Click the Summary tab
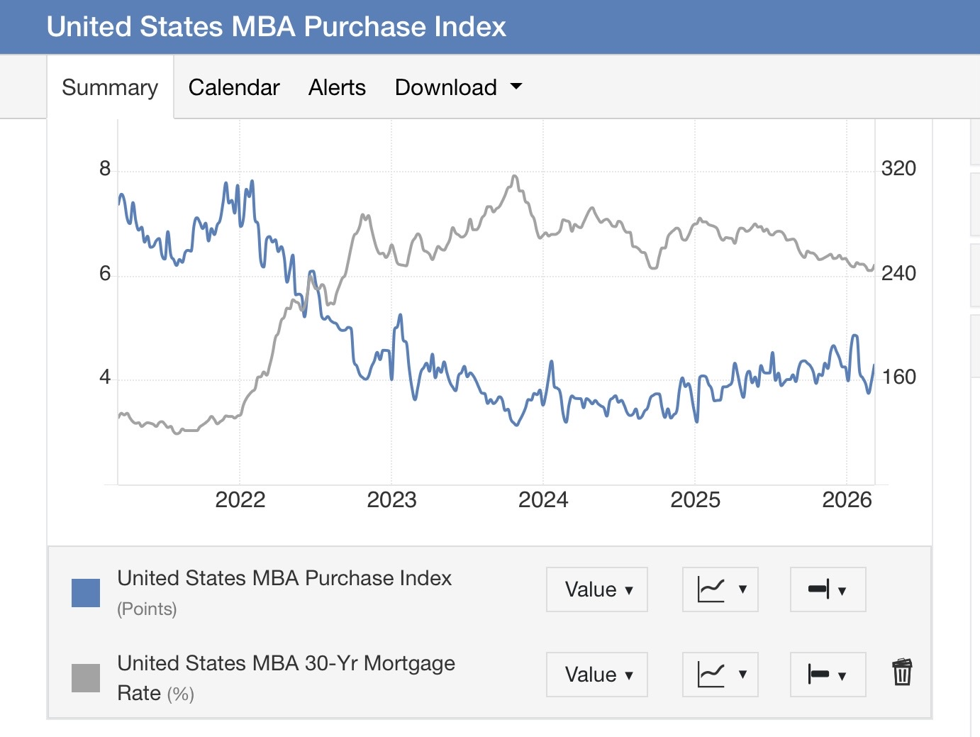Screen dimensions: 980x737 coord(110,87)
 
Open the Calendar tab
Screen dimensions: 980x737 coord(234,87)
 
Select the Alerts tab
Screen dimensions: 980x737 coord(337,87)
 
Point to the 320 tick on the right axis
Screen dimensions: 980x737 coord(898,169)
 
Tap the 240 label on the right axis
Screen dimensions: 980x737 coord(898,273)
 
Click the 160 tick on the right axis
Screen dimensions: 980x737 coord(898,377)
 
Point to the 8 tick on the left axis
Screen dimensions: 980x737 coord(105,169)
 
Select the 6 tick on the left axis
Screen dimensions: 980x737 coord(105,273)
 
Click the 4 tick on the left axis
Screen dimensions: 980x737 coord(105,377)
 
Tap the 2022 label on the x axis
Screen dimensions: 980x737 coord(240,500)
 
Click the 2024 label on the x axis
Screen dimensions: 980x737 coord(543,500)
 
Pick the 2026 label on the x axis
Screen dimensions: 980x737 coord(847,500)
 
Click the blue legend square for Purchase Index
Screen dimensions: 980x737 coord(86,593)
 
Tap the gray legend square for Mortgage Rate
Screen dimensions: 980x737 coord(86,677)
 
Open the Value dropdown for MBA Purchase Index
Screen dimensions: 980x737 coord(597,589)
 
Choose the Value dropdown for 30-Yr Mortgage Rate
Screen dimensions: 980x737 coord(597,675)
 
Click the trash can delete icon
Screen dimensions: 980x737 coord(902,672)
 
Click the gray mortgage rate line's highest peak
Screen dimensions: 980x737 coord(515,176)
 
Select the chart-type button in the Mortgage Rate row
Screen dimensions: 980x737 coord(720,675)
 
